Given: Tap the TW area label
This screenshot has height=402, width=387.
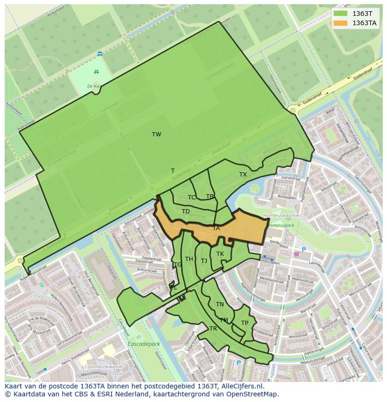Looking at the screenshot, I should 157,134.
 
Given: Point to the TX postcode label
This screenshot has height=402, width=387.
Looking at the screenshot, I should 243,175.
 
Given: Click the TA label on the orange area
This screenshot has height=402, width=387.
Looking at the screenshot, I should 216,228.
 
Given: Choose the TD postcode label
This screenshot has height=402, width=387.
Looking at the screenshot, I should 186,212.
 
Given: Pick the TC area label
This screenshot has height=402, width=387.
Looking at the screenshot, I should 192,197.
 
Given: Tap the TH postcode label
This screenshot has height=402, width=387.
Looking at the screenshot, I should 189,259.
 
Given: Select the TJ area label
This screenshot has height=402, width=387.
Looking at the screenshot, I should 204,261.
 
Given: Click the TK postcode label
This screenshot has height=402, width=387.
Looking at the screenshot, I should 220,254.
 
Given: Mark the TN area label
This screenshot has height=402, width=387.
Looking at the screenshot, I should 220,304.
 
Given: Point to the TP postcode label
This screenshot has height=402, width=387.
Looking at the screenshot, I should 244,323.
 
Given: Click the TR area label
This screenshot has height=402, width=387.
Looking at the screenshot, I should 213,329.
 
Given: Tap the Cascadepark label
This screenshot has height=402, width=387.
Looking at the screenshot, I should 143,344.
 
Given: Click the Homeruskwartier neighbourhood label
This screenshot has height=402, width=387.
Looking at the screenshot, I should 281,216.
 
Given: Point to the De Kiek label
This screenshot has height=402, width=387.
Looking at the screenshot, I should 94,86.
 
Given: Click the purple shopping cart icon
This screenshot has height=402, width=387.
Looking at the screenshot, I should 296,254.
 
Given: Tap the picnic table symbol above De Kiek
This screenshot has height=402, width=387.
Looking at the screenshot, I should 96,71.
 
